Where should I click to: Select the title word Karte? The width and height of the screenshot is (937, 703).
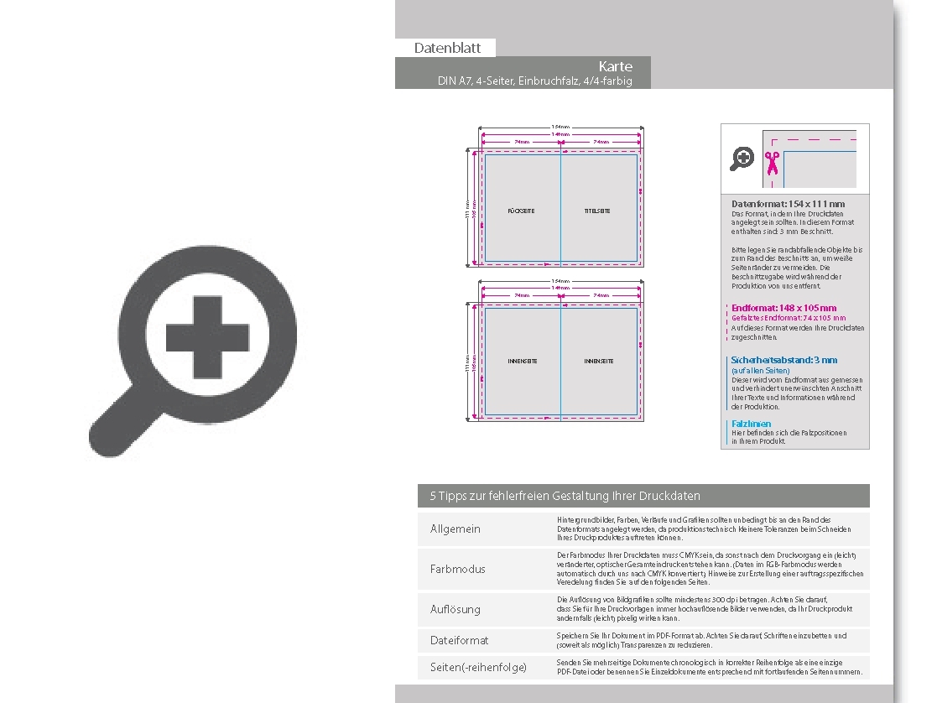tap(616, 66)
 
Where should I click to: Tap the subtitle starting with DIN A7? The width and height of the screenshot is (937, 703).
tap(534, 81)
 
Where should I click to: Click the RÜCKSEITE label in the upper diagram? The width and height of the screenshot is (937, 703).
tap(521, 211)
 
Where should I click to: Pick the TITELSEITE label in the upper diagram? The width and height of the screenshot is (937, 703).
tap(597, 211)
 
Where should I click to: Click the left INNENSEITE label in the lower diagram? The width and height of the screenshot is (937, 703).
tap(523, 361)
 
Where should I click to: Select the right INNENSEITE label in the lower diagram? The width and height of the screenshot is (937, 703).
tap(599, 361)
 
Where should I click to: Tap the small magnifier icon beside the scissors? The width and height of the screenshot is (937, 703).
tap(742, 158)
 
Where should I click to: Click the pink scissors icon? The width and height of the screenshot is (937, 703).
tap(772, 162)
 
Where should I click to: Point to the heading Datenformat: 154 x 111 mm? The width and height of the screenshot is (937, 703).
tap(788, 204)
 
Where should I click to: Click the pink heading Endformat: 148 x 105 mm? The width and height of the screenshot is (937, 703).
tap(783, 308)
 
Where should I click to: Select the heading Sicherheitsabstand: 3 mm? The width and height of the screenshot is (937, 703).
tap(783, 360)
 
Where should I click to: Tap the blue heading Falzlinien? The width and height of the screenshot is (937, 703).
tap(751, 424)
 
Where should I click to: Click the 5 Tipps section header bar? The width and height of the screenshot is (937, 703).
tap(643, 496)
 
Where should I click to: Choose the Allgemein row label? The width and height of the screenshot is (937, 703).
tap(455, 529)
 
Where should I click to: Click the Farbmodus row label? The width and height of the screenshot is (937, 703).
tap(458, 569)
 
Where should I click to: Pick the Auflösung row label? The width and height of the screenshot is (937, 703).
tap(455, 609)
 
